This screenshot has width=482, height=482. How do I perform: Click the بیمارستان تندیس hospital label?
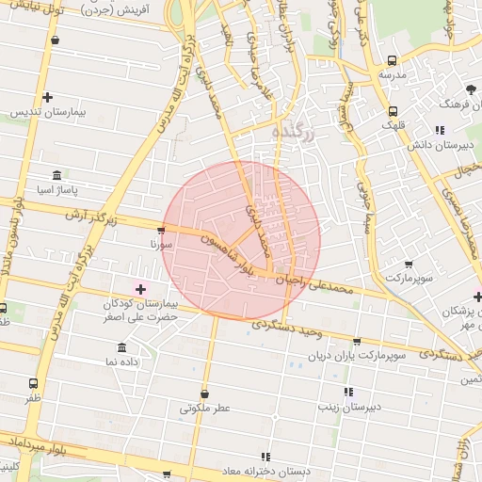48,112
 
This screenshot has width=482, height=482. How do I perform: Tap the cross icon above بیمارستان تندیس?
48,97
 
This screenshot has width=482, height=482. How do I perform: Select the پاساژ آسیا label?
56,190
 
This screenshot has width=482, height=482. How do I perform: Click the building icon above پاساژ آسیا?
57,176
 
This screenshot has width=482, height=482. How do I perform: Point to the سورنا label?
149,243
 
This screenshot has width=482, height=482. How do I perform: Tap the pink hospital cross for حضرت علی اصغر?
141,289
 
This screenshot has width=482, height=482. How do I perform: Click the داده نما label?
122,361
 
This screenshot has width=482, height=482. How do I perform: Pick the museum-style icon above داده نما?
122,347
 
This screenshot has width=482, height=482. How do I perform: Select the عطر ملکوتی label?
205,409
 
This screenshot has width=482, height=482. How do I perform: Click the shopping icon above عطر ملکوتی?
205,394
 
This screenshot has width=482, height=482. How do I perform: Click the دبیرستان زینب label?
348,407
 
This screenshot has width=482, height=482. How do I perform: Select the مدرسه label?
393,72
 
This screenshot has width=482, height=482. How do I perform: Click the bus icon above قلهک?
393,109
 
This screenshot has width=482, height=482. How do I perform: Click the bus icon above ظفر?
34,383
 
